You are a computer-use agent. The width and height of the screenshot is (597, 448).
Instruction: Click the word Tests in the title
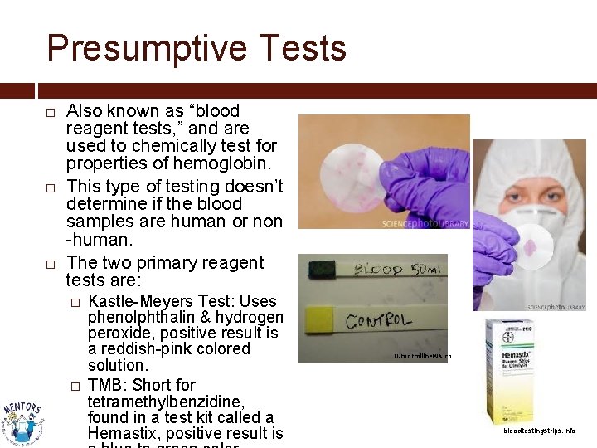coord(305,48)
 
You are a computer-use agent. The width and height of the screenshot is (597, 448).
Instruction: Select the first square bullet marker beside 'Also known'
coord(51,112)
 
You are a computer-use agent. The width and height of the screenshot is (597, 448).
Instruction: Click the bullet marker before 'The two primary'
coord(51,264)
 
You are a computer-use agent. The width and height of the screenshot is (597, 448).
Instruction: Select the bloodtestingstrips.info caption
coord(539,431)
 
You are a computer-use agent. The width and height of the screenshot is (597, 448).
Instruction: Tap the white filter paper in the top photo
coord(345,170)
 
